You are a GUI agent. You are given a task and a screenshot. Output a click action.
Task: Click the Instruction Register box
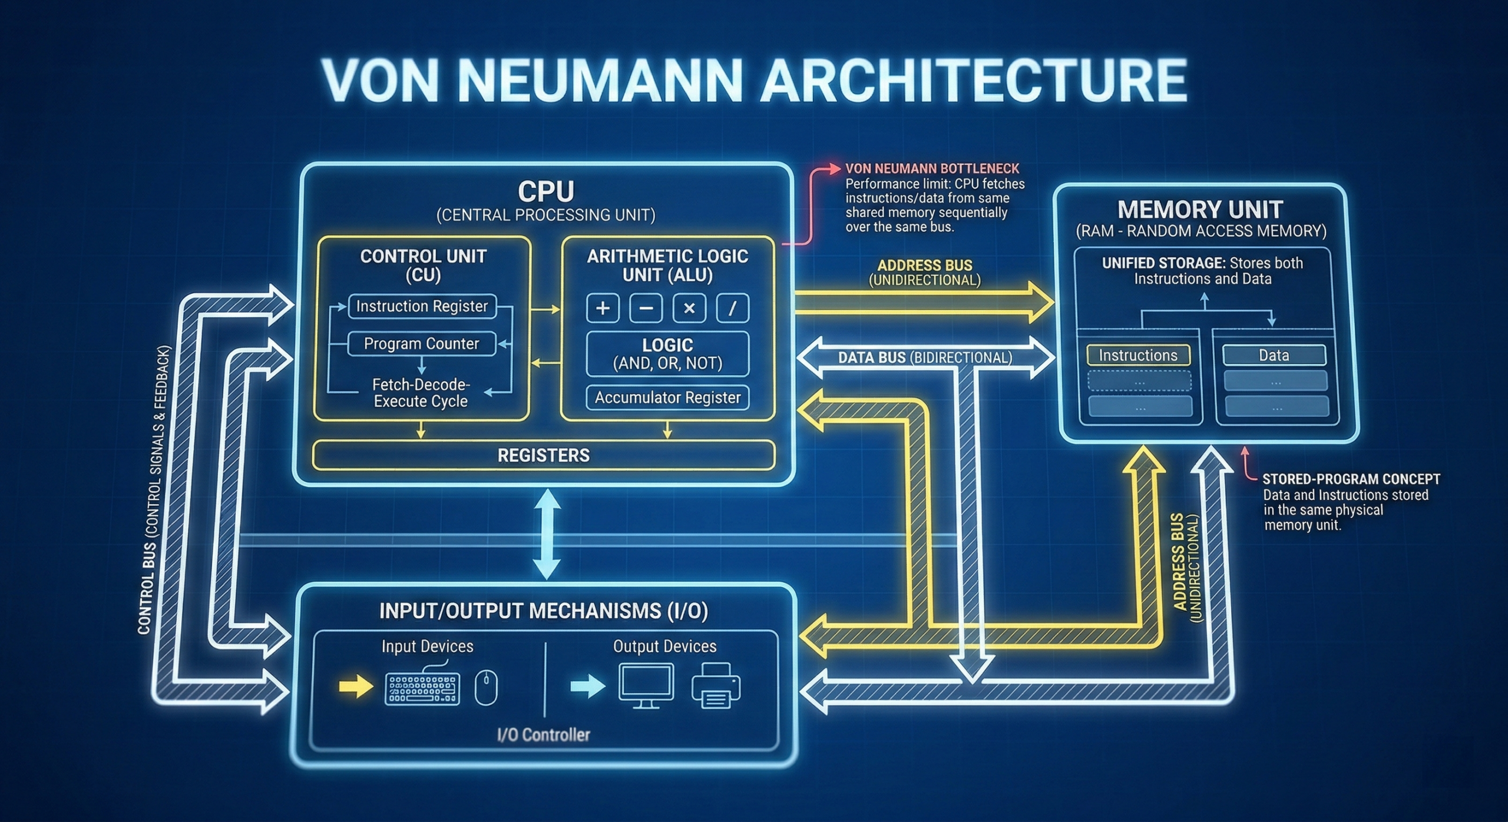(x=422, y=306)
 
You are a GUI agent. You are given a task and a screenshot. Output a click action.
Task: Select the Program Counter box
(x=421, y=344)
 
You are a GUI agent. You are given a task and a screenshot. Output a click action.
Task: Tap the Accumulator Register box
(x=667, y=397)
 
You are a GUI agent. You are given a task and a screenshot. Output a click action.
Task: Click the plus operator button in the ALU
(x=603, y=308)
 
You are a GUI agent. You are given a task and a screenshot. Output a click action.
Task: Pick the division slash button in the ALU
(x=732, y=308)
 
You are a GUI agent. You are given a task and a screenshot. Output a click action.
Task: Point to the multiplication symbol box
(x=689, y=308)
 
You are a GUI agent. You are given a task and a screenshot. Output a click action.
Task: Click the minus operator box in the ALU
(x=646, y=308)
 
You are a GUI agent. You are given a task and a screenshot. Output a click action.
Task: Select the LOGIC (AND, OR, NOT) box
(x=667, y=354)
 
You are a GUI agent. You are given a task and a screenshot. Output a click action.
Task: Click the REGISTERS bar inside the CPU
(x=543, y=455)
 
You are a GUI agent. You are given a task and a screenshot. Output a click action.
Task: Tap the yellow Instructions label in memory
(x=1138, y=356)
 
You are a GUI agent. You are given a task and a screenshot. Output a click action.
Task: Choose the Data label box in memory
(x=1274, y=356)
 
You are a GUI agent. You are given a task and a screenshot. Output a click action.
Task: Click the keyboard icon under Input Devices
(x=422, y=688)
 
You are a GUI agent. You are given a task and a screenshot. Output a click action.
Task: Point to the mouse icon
(x=486, y=687)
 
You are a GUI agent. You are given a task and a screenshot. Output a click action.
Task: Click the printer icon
(x=716, y=685)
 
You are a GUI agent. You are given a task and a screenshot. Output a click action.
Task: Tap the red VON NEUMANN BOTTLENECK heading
(x=932, y=169)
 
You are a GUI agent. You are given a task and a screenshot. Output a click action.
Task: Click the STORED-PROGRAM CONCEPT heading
(x=1351, y=479)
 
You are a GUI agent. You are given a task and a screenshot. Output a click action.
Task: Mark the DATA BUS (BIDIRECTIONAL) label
(x=925, y=357)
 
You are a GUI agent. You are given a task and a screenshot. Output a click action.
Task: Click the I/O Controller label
(x=543, y=735)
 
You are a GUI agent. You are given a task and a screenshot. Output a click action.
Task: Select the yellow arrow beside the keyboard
(x=356, y=686)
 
